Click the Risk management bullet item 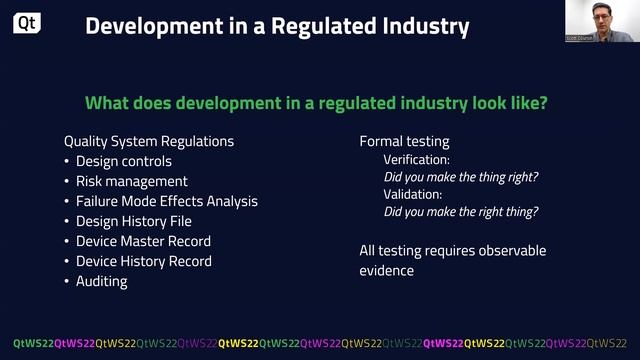tap(131, 181)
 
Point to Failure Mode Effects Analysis tap(167, 201)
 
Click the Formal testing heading tap(404, 141)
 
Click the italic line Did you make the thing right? tap(461, 177)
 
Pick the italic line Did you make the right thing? tap(461, 211)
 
